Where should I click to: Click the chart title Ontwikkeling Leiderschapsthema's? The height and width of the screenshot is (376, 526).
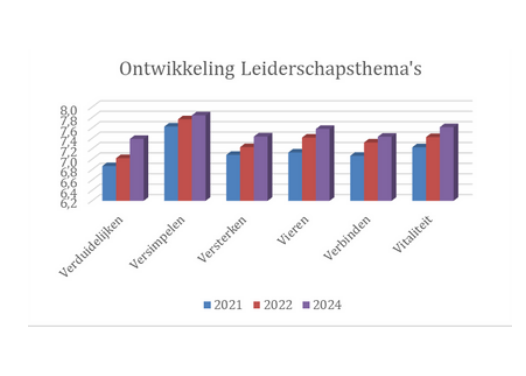[270, 69]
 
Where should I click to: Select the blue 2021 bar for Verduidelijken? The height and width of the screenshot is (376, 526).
[109, 183]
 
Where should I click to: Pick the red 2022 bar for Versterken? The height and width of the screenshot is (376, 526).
[247, 174]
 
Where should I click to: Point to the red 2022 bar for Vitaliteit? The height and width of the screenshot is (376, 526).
[433, 169]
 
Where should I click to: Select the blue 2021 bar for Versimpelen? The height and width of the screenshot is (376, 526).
[171, 163]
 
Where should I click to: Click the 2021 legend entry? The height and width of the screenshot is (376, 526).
[223, 305]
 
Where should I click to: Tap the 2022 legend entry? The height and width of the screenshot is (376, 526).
[273, 305]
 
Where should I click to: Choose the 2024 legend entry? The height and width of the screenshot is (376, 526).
[322, 305]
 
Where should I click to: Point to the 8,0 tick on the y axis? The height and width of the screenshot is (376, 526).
[69, 110]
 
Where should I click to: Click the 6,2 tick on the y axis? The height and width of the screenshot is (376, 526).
[69, 204]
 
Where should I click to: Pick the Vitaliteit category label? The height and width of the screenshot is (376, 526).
[412, 234]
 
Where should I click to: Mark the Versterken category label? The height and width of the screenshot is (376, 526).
[222, 239]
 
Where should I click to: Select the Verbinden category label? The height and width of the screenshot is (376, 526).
[347, 238]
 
